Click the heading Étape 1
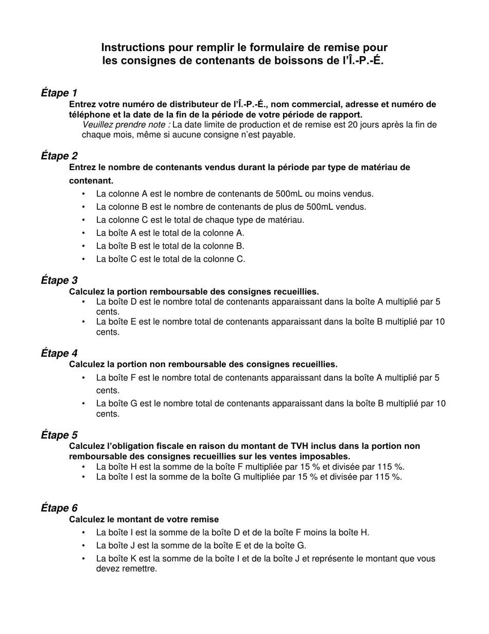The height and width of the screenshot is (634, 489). [59, 93]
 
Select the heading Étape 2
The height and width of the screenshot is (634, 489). [59, 156]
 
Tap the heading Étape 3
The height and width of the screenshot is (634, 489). [59, 280]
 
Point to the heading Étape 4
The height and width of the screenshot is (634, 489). [59, 354]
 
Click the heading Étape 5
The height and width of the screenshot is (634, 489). [59, 435]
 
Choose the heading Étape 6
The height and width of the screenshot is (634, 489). [59, 508]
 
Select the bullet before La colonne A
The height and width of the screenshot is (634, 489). [84, 194]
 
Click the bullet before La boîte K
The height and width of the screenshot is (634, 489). [84, 559]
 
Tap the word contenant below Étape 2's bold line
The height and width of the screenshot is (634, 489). [91, 181]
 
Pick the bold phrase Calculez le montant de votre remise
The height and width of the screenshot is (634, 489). [144, 519]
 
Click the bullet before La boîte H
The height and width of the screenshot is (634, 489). [84, 467]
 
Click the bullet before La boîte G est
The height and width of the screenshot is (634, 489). [84, 404]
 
